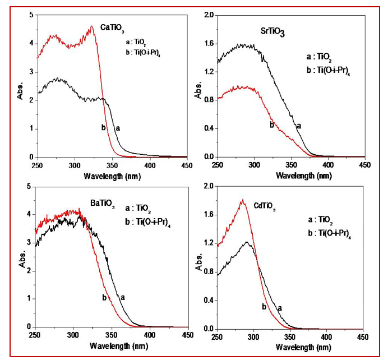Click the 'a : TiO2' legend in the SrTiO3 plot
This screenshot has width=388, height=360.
tap(318, 57)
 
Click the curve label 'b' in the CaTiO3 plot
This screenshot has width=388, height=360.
tap(103, 128)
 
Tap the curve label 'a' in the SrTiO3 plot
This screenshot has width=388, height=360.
tap(298, 126)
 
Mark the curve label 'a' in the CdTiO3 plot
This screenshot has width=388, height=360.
tap(279, 307)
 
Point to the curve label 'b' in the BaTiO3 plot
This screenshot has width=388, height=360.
tap(104, 297)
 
